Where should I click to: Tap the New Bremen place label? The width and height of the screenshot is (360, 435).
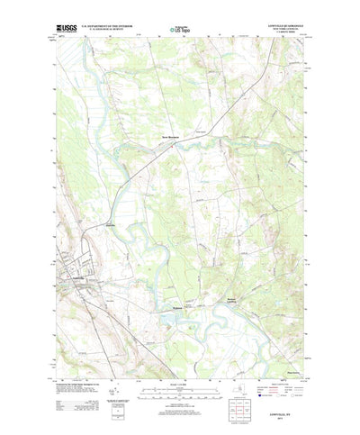point(172,137)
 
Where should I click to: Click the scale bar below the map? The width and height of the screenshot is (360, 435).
point(180,367)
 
